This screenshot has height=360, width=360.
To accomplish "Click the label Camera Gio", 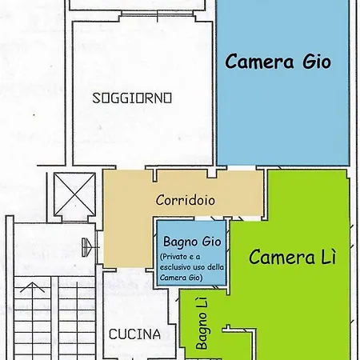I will pyautogui.click(x=278, y=61).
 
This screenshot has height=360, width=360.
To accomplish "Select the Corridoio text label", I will pyautogui.click(x=185, y=200).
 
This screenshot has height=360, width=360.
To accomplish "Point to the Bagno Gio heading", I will pyautogui.click(x=192, y=240).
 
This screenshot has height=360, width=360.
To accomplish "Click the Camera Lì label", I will pyautogui.click(x=292, y=258).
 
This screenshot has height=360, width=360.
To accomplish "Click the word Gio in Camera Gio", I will pyautogui.click(x=313, y=61).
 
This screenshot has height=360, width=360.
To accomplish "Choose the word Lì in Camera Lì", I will pyautogui.click(x=328, y=258).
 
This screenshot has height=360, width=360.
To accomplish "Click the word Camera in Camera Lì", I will pyautogui.click(x=281, y=258).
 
